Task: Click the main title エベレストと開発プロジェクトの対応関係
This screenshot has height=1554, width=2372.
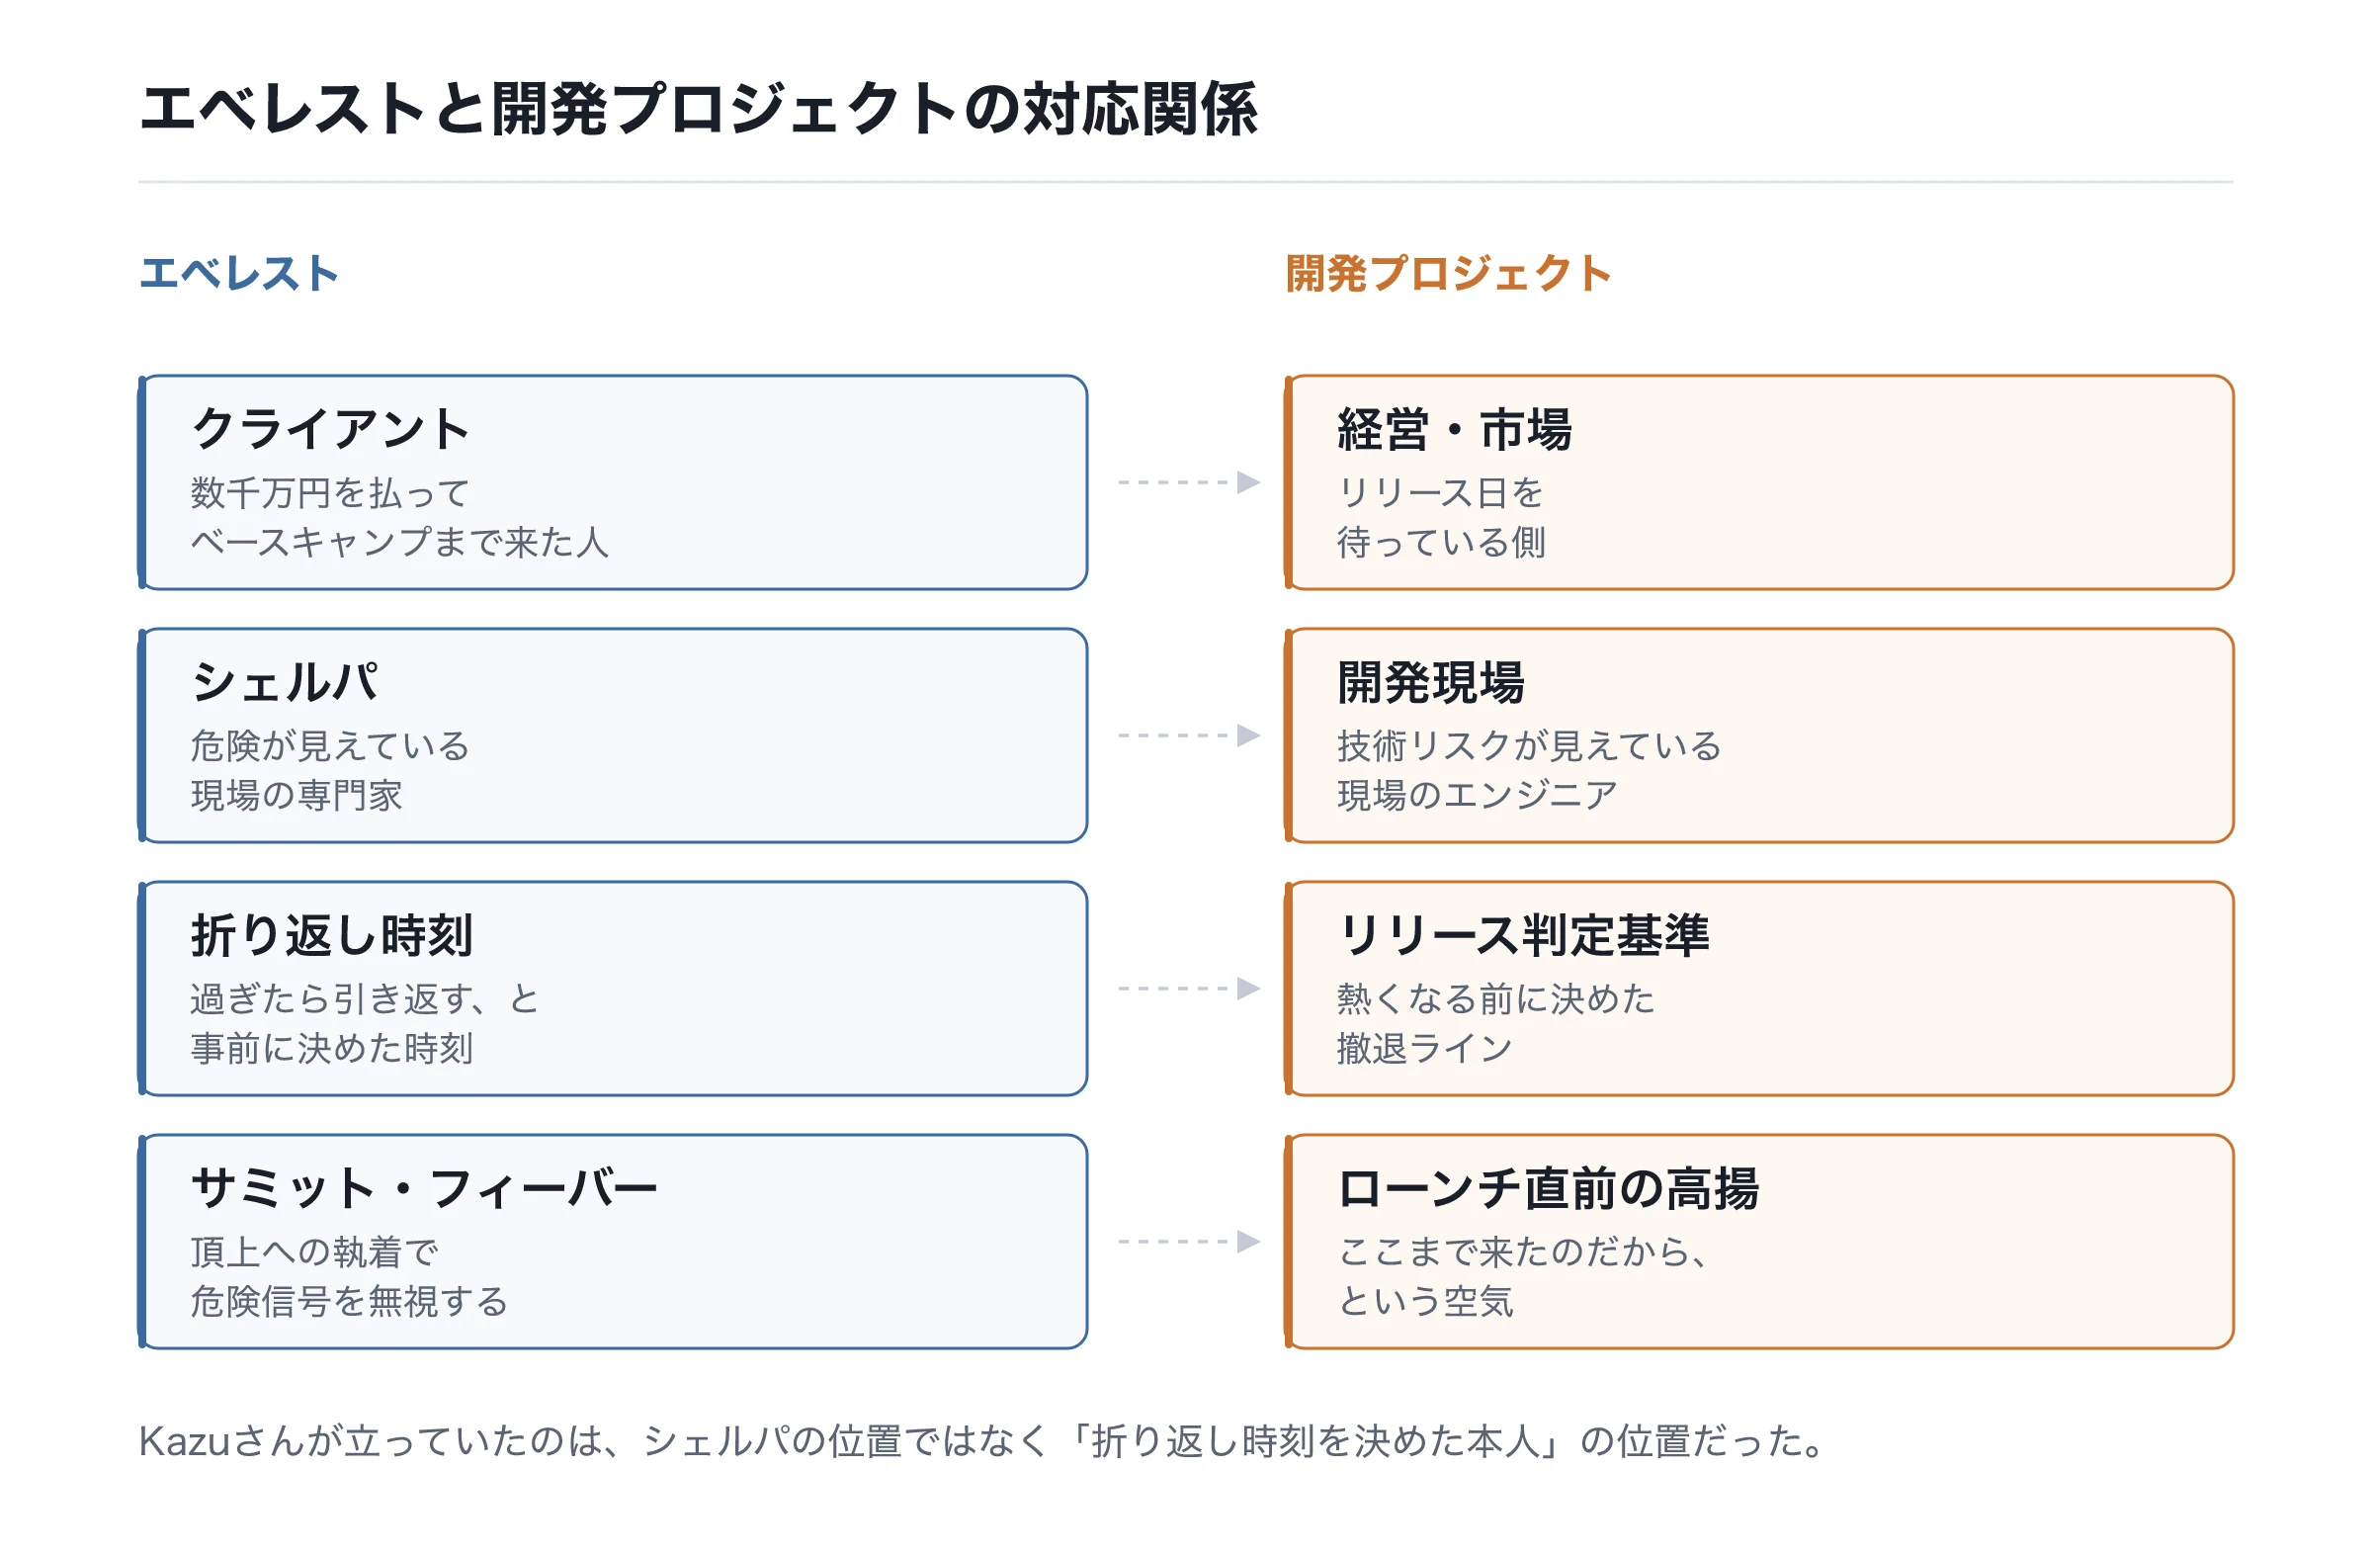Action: coord(699,109)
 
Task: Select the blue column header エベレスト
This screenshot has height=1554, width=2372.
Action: coord(239,273)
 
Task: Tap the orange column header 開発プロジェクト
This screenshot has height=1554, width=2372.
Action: coord(1448,273)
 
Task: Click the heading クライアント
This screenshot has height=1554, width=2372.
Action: coord(330,430)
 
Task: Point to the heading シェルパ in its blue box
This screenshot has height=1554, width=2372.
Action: coord(285,683)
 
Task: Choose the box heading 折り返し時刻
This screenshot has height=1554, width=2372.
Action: coord(332,936)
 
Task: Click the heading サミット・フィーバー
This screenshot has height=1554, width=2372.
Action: coord(425,1189)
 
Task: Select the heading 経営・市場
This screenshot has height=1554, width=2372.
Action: coord(1454,430)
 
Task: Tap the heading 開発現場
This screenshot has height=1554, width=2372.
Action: coord(1431,683)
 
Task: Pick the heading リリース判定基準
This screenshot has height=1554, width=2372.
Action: coord(1524,936)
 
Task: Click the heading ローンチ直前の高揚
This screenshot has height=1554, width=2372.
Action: coord(1549,1189)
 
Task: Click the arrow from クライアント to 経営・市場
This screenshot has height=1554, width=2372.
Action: coord(1190,482)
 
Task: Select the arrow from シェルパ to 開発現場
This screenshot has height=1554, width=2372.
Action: coord(1190,735)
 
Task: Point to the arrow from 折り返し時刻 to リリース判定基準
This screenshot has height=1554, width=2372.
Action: coord(1190,989)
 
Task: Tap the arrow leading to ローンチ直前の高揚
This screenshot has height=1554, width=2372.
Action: coord(1190,1242)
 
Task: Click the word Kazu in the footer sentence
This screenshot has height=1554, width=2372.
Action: coord(186,1441)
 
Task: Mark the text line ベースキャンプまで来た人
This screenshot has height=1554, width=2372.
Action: coord(399,544)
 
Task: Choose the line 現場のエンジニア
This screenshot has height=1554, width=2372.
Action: coord(1477,797)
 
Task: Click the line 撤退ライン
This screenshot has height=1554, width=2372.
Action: coord(1425,1050)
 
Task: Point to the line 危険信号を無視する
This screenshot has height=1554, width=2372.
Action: coord(350,1303)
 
